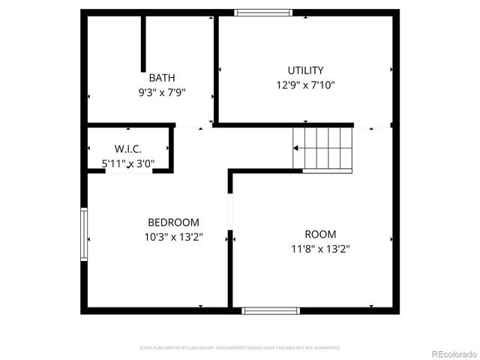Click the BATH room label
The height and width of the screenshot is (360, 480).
[162, 78]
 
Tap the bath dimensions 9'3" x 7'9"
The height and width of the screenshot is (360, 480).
[162, 93]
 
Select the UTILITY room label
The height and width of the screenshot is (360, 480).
[305, 70]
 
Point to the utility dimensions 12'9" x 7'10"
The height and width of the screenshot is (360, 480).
[305, 85]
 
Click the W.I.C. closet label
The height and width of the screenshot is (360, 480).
[128, 149]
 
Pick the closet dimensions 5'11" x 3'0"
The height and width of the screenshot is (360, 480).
[128, 163]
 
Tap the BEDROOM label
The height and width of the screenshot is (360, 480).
[173, 222]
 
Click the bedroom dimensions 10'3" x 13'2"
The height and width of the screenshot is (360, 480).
[173, 237]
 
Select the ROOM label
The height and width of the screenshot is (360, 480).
[320, 234]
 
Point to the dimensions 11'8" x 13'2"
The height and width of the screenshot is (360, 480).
[320, 249]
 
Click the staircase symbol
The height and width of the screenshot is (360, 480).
[322, 148]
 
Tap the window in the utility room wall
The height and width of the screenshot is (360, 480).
[264, 12]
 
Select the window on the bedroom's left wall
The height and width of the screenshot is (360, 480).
[85, 235]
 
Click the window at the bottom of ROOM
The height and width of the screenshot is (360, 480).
[271, 310]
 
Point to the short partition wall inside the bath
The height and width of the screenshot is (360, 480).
[143, 43]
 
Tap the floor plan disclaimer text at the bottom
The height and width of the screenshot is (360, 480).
[240, 348]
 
